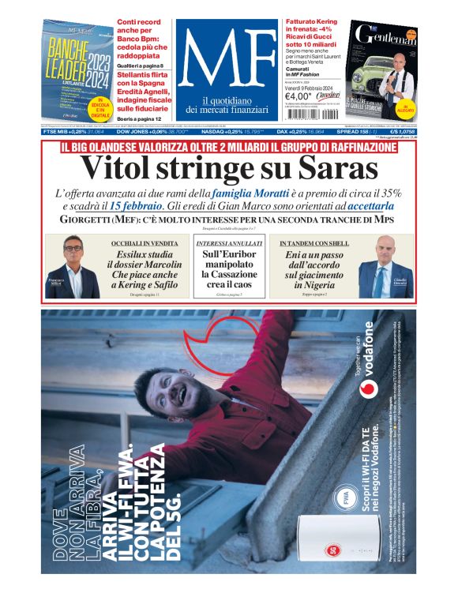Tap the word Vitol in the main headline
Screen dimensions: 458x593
pos(126,168)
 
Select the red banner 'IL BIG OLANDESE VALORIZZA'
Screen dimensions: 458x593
pos(228,148)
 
